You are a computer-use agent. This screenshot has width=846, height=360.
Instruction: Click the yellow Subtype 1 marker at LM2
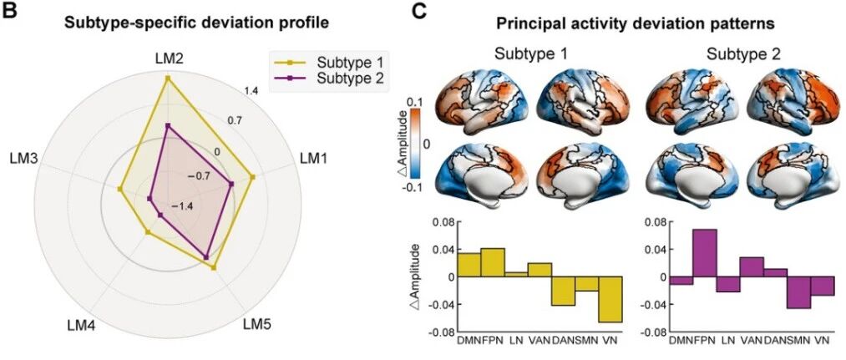[x=167, y=79]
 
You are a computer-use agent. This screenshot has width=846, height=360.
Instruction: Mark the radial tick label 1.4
[x=251, y=90]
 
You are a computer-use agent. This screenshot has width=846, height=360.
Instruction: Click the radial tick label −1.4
[x=182, y=206]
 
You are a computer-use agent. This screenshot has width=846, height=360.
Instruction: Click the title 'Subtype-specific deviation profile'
[x=197, y=23]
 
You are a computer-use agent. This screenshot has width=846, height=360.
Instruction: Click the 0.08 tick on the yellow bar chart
[x=443, y=222]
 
